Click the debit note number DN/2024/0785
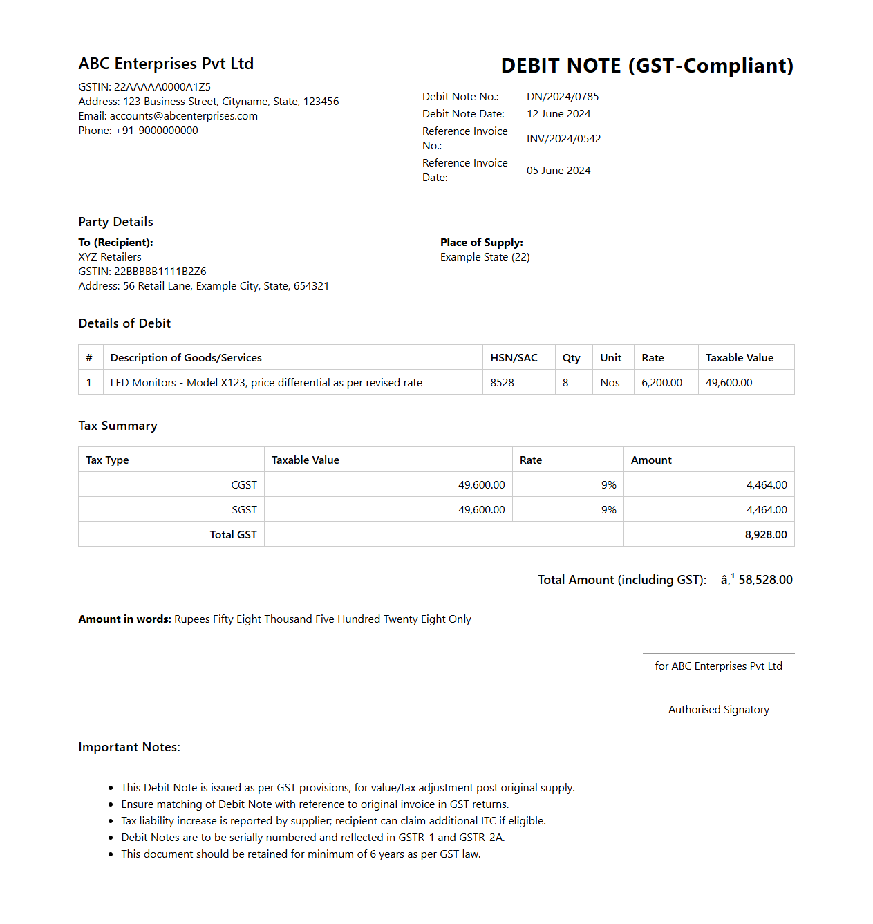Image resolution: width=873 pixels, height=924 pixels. coord(563,97)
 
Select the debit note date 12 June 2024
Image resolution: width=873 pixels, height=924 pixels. coord(558,114)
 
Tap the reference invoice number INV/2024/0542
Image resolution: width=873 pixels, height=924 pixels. coord(563,139)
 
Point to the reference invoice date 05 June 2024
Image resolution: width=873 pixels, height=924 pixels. coord(558,171)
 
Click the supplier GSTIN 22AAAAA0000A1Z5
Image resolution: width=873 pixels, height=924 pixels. coord(162,87)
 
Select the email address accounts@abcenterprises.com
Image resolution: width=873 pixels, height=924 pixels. coord(184,116)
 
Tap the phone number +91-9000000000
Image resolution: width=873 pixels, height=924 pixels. coord(156,131)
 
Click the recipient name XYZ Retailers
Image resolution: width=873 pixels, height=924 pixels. coord(110,257)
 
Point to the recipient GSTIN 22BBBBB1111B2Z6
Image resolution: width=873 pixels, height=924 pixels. coord(160,272)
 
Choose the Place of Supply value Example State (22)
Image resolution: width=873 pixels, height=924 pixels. coord(485,257)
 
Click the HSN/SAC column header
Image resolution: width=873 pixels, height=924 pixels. coord(514,358)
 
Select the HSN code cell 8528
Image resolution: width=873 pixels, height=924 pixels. coord(503,383)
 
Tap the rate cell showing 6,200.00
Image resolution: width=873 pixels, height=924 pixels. coord(661,383)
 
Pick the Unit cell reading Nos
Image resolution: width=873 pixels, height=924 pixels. coord(610,383)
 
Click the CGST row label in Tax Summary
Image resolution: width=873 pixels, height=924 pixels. coord(244,485)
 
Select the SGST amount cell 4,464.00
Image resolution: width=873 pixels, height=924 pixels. coord(767,510)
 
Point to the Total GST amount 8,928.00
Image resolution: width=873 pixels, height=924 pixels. coord(766,535)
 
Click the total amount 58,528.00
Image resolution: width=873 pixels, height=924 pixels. coord(765,580)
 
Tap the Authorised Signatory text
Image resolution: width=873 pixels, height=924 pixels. coord(718,710)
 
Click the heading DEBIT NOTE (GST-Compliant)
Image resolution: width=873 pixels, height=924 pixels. coord(647,66)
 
